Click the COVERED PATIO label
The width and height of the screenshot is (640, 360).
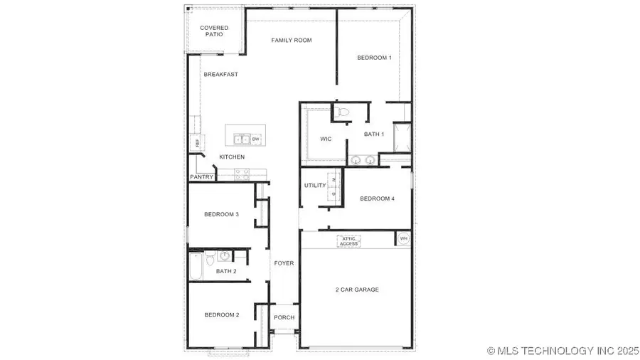pos(214,31)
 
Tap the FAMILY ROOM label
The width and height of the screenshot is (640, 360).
pos(292,41)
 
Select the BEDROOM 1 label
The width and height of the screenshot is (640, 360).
pos(374,58)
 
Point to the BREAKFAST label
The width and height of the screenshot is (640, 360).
pos(220,75)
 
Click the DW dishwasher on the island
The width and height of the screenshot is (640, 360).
pos(255,139)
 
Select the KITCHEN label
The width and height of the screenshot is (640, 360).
pos(232,157)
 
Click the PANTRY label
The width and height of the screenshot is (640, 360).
pos(201,177)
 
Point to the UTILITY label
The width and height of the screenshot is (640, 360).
pos(315,186)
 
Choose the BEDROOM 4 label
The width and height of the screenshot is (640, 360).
pos(377,199)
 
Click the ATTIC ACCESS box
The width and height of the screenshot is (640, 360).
pos(349,242)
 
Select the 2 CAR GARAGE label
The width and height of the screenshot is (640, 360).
pos(357,290)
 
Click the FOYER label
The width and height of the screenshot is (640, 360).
pos(284,263)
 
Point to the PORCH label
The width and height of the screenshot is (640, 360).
pos(284,317)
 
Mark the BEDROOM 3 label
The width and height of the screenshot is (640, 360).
pos(221,214)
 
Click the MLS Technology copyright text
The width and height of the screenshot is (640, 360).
pos(561,351)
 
